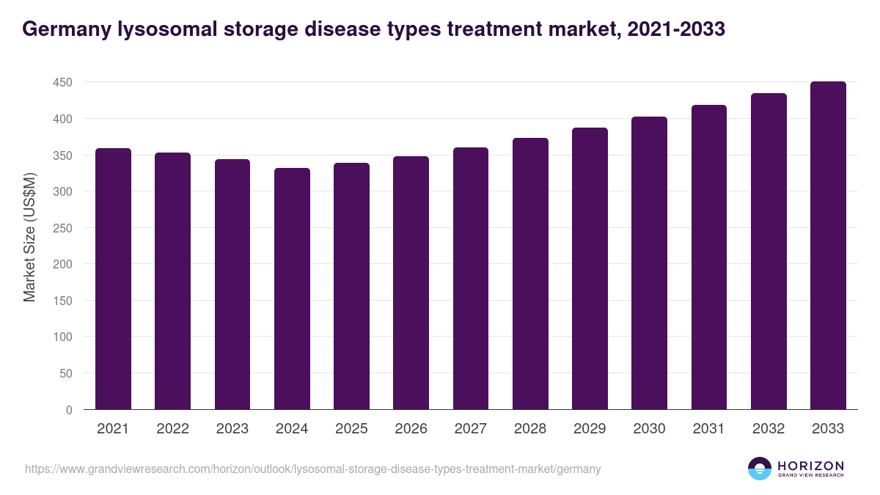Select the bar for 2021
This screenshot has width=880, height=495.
pos(113,279)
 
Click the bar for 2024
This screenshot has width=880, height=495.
pos(292,289)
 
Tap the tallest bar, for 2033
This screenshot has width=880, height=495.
pos(828,246)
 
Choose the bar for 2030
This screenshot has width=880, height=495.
pos(649,263)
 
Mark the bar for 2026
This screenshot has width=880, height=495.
pos(411,283)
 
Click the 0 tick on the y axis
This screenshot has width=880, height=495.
pos(69,410)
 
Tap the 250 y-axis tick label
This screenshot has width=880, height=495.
pos(63,228)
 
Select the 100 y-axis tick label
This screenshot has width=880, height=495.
pos(63,337)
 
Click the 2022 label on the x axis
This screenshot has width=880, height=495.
pos(172,429)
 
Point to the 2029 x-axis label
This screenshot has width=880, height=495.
pos(590,429)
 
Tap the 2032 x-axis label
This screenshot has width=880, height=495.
pos(769,429)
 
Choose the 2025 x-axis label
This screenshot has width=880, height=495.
pos(351,429)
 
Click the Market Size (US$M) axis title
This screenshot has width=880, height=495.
pos(29,236)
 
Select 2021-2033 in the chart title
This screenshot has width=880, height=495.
pos(678,29)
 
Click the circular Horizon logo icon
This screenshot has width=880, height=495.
pos(760,469)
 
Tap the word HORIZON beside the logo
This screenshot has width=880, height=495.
pos(810,465)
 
